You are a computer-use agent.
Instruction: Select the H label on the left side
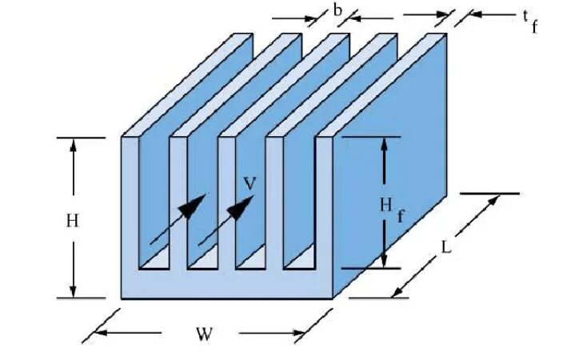(x=72, y=222)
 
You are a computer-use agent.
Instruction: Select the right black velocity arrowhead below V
(x=241, y=209)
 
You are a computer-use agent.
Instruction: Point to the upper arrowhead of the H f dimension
(x=385, y=145)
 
